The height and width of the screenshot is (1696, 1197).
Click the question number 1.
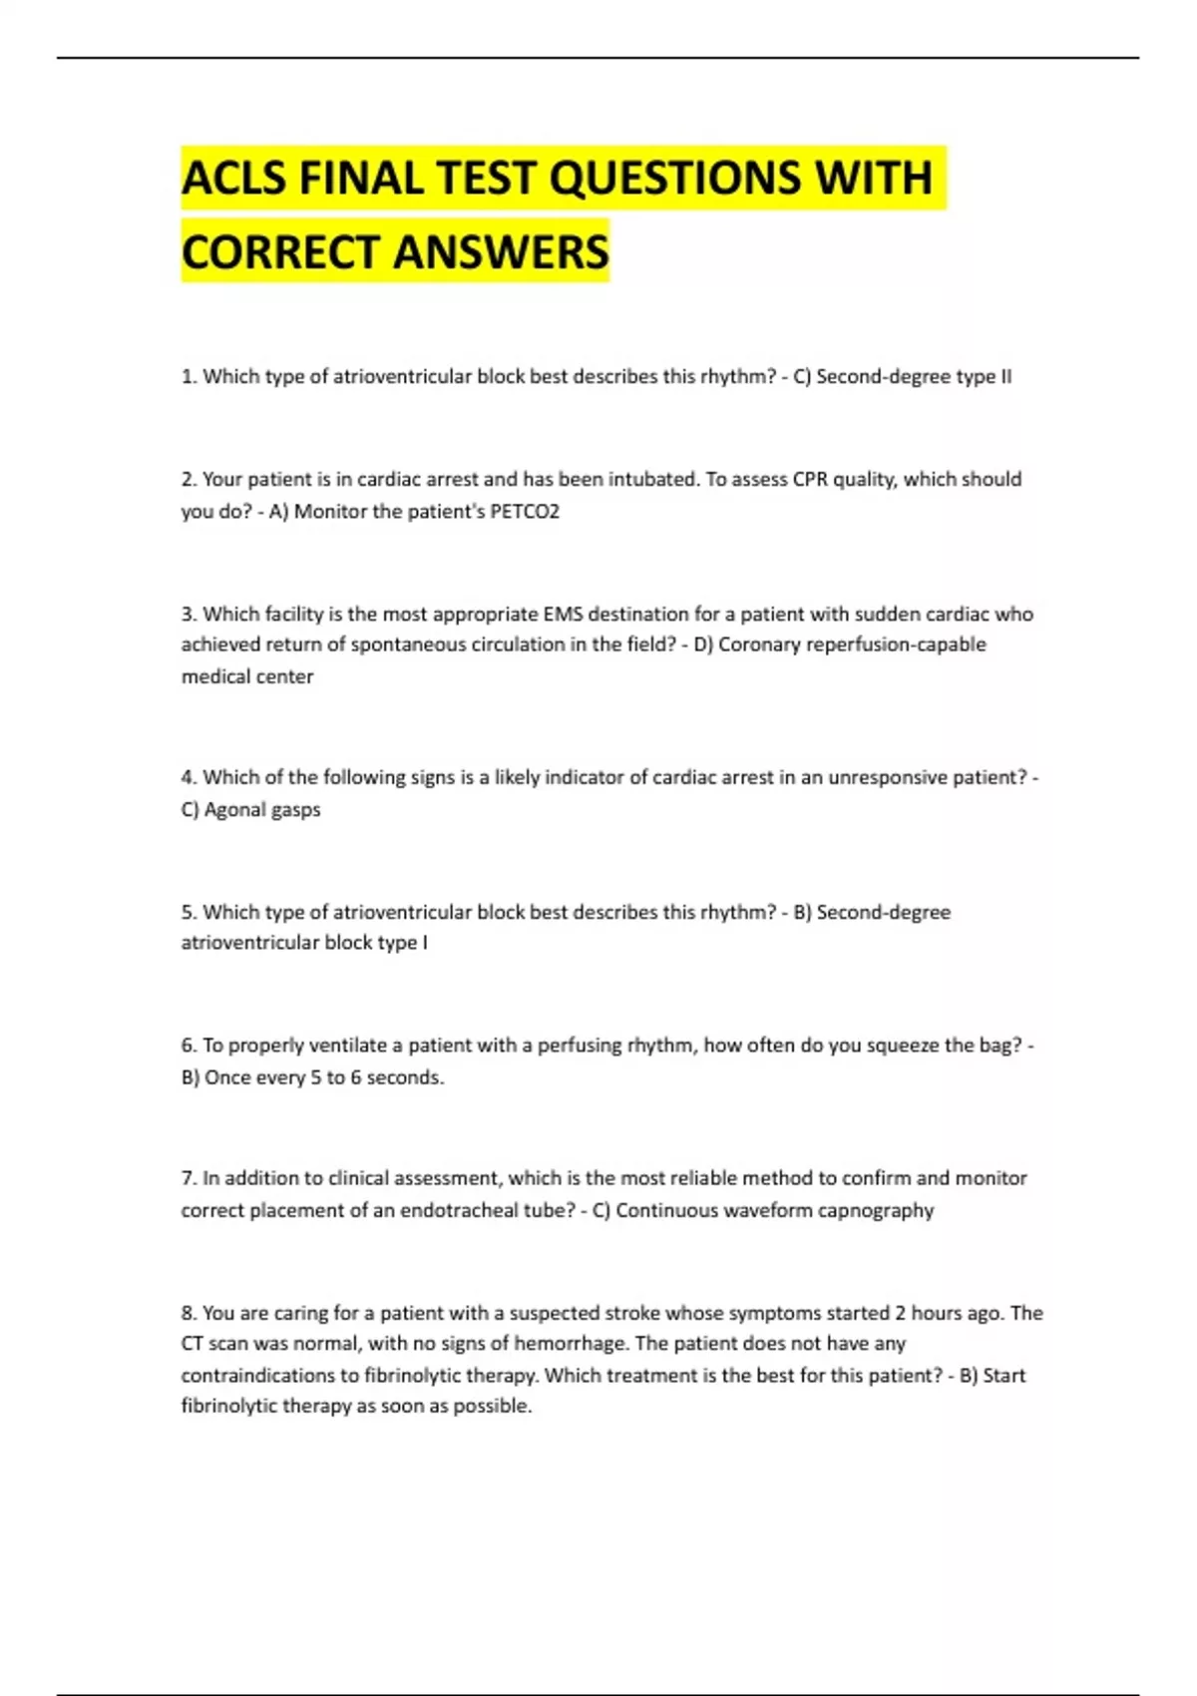(188, 377)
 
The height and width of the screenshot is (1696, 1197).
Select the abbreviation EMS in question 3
(563, 615)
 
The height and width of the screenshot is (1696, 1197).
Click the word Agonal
(233, 810)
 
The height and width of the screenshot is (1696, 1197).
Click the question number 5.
(188, 913)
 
